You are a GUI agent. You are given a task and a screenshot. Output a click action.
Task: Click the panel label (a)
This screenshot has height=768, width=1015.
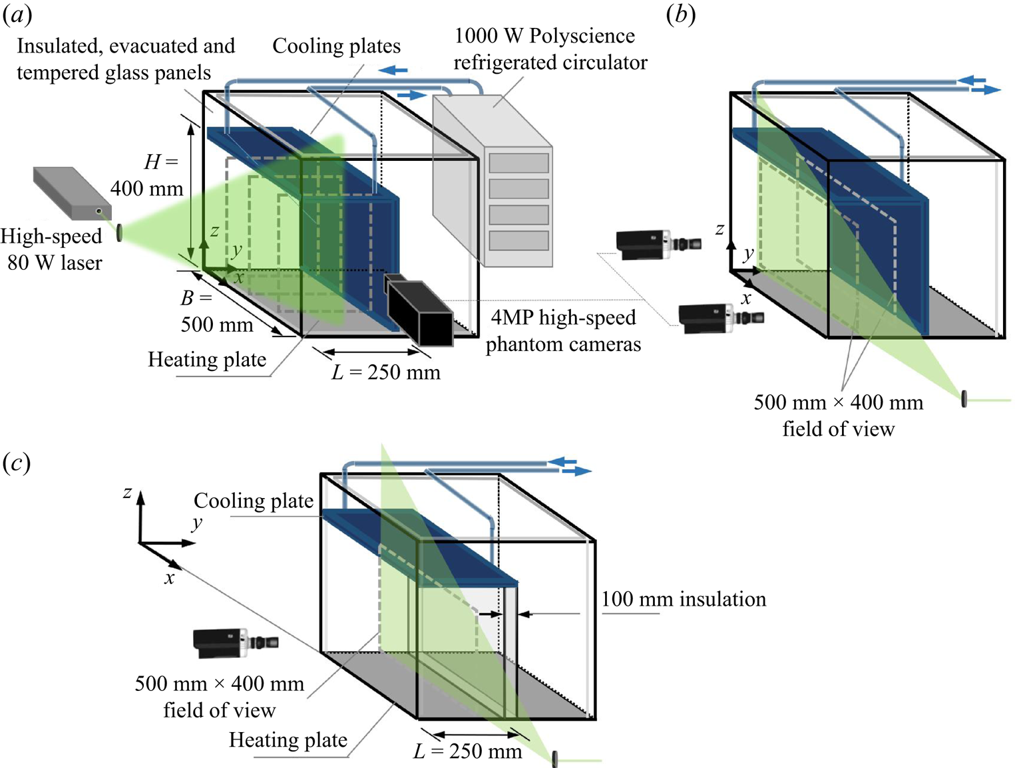click(17, 15)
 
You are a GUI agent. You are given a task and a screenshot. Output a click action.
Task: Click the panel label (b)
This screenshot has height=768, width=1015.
click(681, 15)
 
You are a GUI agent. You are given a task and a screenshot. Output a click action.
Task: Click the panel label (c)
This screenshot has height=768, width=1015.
click(17, 462)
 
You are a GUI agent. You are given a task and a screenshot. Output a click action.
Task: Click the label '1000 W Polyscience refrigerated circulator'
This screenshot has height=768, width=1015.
click(550, 49)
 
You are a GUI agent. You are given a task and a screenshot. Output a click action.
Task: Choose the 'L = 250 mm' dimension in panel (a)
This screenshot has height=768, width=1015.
click(386, 372)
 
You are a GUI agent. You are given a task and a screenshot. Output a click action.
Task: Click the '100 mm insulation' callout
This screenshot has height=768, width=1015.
click(684, 599)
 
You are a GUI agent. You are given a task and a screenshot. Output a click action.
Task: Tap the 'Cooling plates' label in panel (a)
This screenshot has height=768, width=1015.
click(336, 46)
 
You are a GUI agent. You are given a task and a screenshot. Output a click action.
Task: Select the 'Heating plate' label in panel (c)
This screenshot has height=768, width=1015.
click(288, 739)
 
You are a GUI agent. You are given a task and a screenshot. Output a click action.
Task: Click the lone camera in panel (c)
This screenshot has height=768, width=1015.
click(235, 642)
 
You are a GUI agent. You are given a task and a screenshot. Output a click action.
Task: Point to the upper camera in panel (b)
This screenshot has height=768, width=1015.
click(658, 243)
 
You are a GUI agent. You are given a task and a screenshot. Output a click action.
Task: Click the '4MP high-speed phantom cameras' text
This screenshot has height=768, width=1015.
click(563, 330)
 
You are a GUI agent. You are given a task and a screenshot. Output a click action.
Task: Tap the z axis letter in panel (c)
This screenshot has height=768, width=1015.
click(127, 493)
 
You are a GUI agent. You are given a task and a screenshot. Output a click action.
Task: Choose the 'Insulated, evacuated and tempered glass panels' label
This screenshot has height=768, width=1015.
click(125, 59)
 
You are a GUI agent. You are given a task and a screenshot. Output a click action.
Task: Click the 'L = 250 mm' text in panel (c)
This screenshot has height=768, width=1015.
click(468, 751)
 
